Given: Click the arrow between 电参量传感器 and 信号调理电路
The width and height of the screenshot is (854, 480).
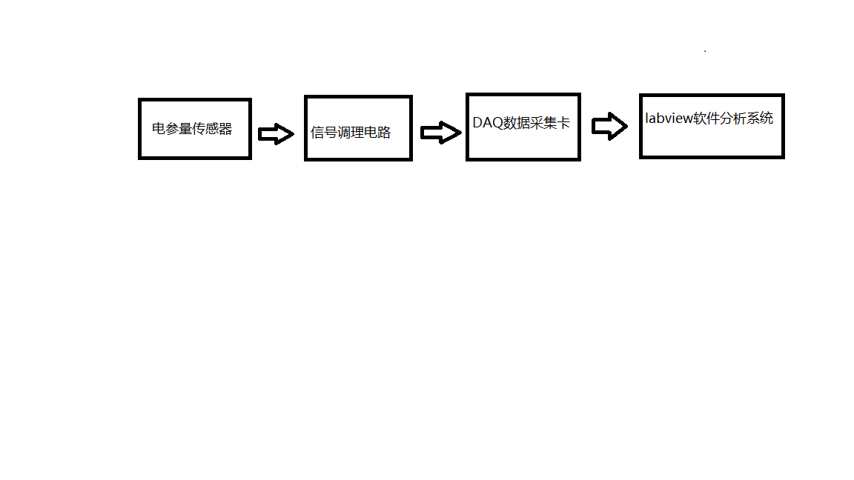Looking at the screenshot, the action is click(276, 133).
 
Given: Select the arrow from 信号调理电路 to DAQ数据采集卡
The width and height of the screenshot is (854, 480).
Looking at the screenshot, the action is click(441, 133).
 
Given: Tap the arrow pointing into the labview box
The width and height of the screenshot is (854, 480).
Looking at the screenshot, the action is click(609, 126).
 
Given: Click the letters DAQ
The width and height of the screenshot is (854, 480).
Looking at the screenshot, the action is click(488, 122).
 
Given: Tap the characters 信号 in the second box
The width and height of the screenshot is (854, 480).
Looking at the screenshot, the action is click(323, 133).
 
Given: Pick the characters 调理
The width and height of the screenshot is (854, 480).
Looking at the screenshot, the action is click(350, 133).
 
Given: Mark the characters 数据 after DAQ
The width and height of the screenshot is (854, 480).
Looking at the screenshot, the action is click(516, 122).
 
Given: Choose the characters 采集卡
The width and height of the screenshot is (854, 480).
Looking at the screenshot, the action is click(550, 122).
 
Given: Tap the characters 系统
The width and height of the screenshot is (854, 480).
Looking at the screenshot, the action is click(760, 118).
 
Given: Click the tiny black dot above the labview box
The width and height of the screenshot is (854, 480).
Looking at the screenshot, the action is click(705, 51).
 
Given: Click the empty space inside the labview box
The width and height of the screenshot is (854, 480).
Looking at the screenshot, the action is click(712, 142).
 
